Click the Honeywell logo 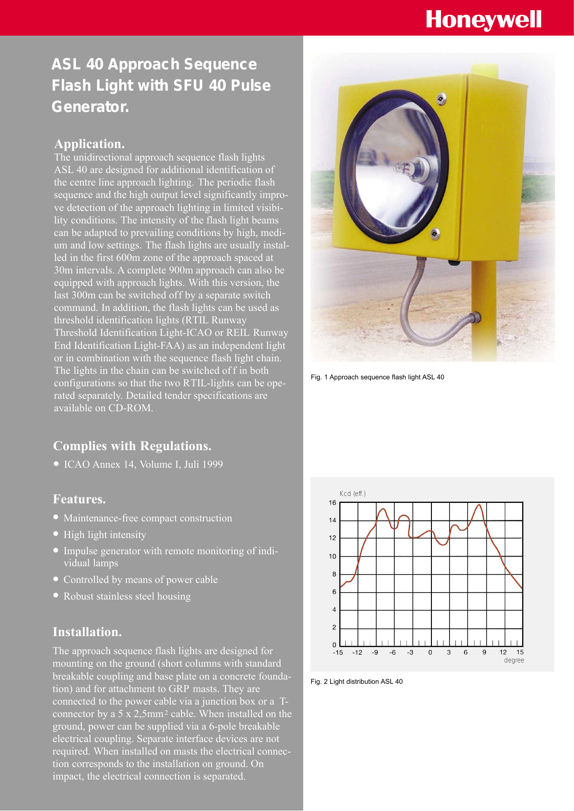(483, 20)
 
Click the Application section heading (89, 144)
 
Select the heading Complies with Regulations (132, 446)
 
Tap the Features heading (79, 499)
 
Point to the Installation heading (87, 632)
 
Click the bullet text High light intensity (105, 535)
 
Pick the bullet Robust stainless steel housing (127, 596)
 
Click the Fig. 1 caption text (377, 377)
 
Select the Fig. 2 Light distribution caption (356, 681)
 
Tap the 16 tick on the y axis (332, 503)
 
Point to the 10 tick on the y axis (332, 556)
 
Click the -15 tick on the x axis (338, 652)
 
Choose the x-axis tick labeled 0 (430, 652)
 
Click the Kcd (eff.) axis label (352, 494)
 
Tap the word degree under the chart (514, 660)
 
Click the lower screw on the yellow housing (435, 234)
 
